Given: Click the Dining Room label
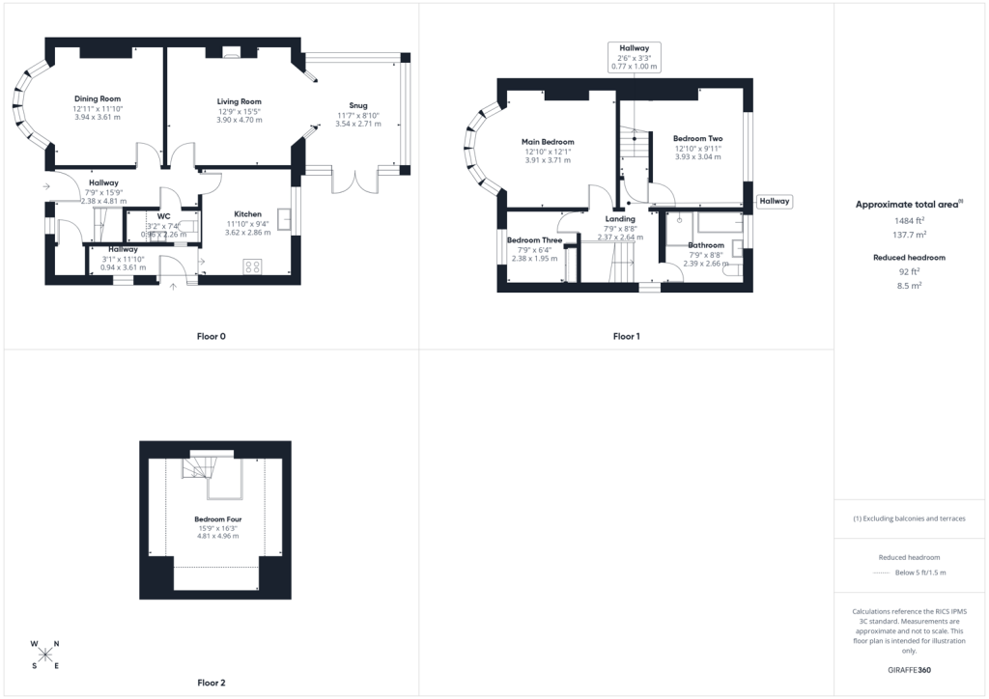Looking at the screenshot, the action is click(98, 98).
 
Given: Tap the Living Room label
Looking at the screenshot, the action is click(240, 101).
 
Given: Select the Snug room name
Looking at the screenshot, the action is click(358, 105).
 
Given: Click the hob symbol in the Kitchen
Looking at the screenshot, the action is click(252, 266).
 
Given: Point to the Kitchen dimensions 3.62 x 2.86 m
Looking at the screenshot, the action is click(248, 233).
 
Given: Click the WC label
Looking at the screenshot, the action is click(163, 216).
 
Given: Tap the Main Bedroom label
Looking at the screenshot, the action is click(548, 142).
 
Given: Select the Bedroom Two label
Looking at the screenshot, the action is click(697, 139).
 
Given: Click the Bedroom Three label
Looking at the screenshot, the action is click(534, 240).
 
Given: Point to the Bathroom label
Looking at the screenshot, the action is click(706, 245).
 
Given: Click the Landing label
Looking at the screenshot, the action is click(620, 219).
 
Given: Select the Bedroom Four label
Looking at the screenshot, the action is click(218, 519).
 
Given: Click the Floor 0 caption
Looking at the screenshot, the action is click(212, 337).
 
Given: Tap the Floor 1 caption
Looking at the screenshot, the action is click(626, 337).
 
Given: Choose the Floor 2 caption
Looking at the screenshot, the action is click(212, 683).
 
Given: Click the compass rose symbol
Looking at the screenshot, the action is click(44, 655).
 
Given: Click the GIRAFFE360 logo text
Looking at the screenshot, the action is click(909, 670).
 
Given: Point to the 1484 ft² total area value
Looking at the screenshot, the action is click(909, 220).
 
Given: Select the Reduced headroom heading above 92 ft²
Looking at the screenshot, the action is click(909, 257).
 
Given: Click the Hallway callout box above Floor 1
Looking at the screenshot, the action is click(634, 57).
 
